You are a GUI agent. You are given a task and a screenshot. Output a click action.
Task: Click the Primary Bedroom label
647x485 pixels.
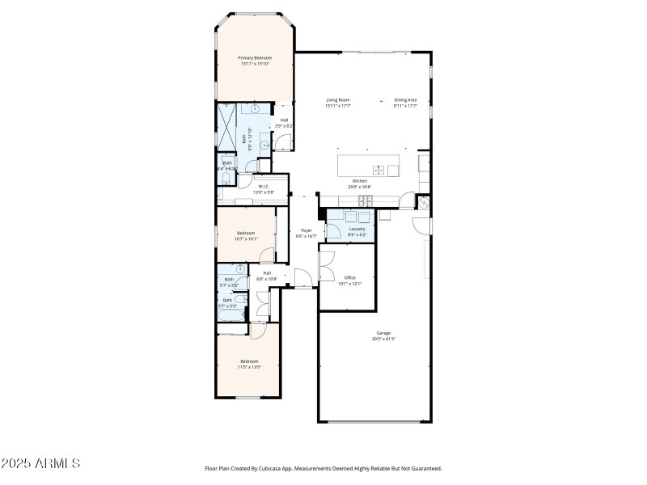point(254,58)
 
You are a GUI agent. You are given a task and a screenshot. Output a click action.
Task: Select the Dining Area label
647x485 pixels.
point(405,100)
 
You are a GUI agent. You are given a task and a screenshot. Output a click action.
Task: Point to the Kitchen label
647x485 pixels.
point(359,180)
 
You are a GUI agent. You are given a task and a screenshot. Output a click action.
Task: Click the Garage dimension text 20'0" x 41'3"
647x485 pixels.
point(383,339)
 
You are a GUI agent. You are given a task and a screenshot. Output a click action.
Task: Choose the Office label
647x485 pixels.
point(350,278)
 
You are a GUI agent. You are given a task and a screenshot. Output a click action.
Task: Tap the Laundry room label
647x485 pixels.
point(357,229)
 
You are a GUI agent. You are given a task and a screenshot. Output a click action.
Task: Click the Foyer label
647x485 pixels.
point(307,230)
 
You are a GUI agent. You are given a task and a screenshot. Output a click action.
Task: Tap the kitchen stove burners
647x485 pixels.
point(366,199)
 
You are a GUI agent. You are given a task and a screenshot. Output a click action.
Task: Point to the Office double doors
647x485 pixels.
point(326,263)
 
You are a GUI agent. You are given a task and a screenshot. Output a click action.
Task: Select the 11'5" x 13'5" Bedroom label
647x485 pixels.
point(248,361)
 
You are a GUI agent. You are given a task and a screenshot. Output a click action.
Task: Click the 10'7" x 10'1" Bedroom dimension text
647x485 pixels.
point(246,238)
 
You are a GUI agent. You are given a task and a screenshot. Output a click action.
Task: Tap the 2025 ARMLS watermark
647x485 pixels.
point(40,463)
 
